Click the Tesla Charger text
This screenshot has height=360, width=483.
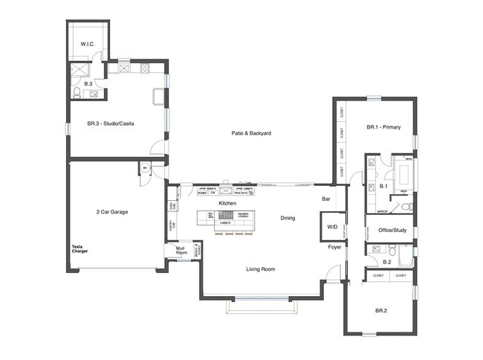coord(80,249)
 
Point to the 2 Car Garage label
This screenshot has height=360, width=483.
coord(112,212)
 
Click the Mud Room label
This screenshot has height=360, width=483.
coord(180,251)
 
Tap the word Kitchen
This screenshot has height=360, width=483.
coord(227,203)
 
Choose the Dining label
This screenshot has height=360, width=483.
coord(288,218)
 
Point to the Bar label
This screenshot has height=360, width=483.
coord(325,199)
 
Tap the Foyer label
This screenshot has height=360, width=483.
coord(334,248)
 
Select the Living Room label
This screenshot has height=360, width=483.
coord(261,269)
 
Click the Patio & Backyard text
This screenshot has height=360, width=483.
coord(251,133)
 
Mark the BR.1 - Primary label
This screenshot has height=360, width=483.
coord(383,127)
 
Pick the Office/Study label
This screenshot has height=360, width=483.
coord(392,230)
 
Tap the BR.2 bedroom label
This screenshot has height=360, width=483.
coord(380,310)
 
